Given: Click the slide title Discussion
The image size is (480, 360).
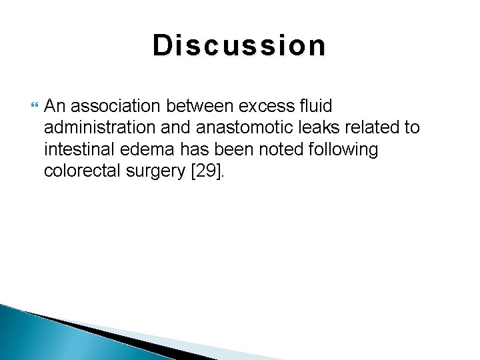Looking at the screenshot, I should point(239,46).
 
